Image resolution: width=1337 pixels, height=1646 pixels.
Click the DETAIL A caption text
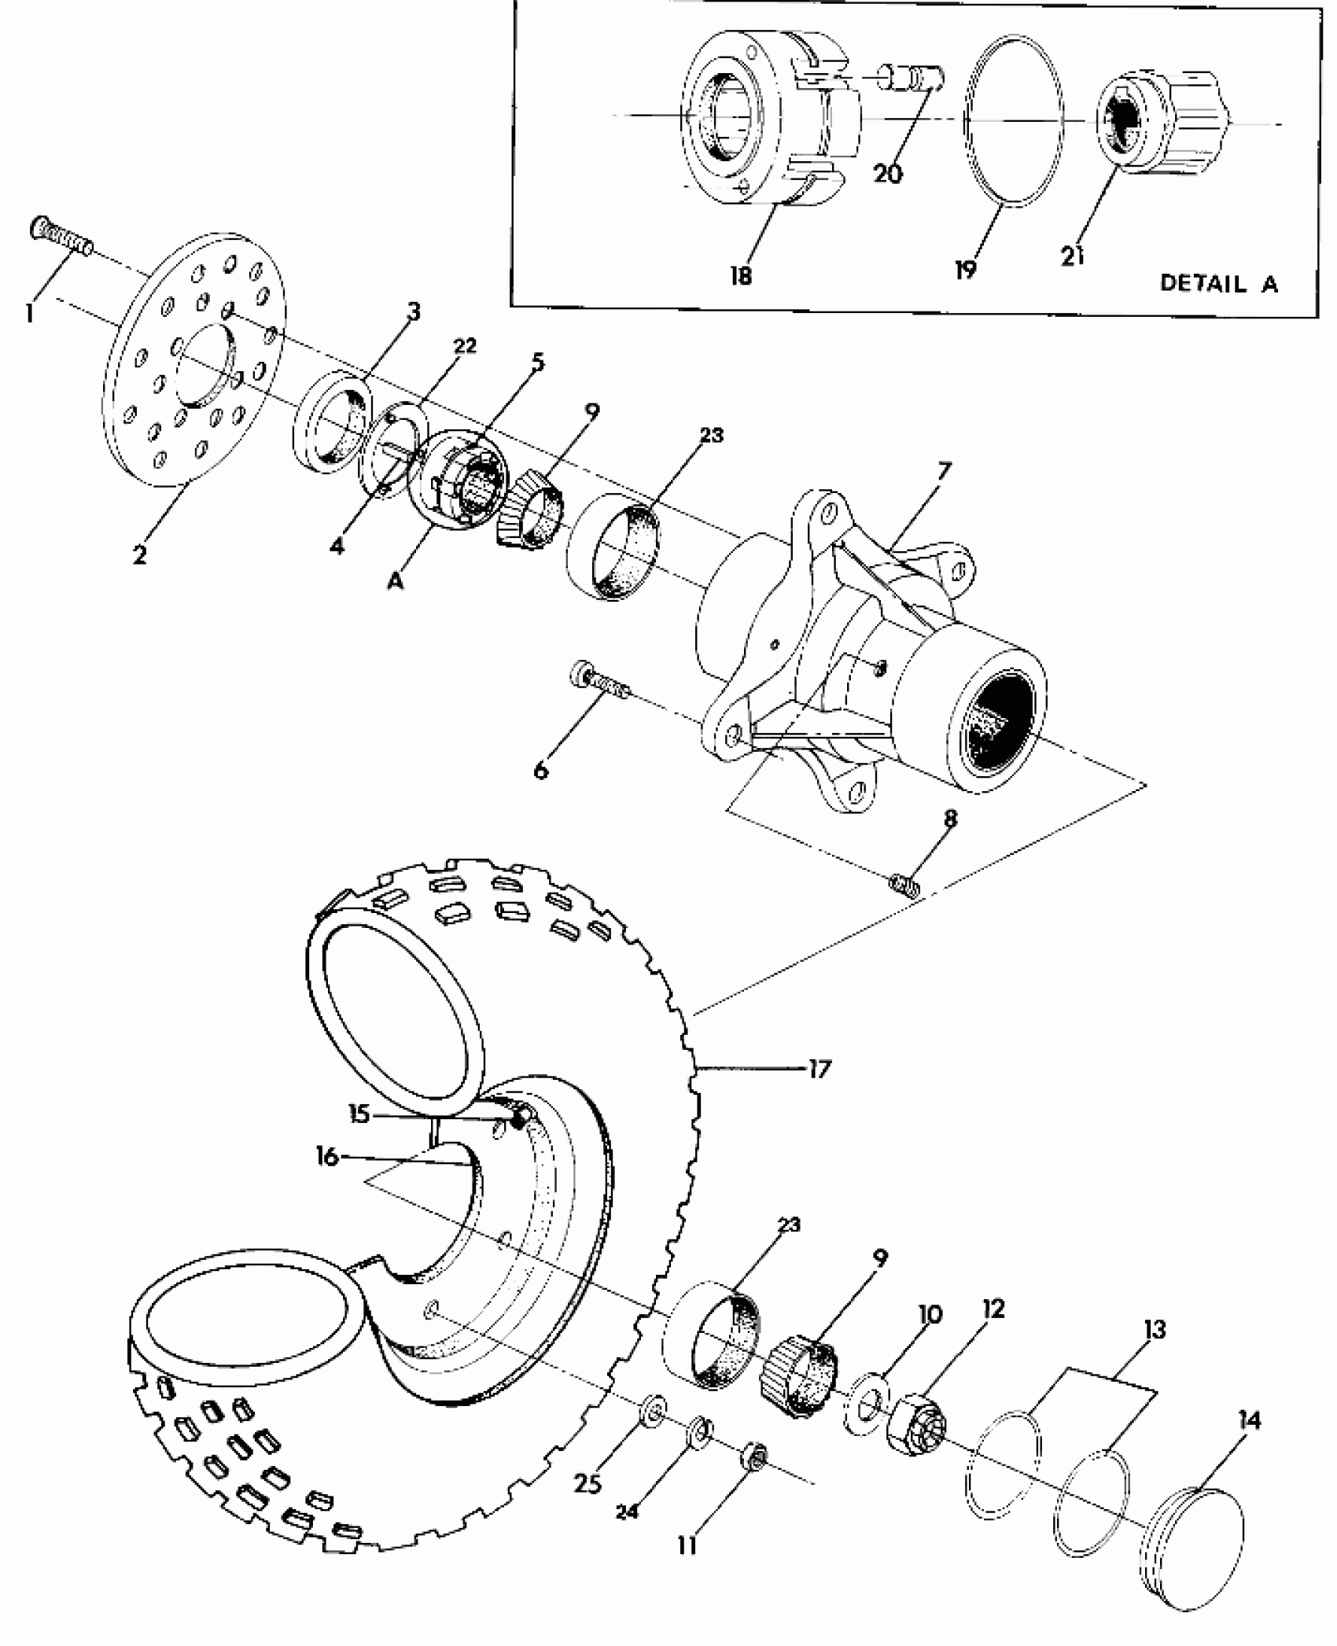click(1218, 284)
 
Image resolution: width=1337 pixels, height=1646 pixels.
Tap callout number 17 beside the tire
click(820, 1069)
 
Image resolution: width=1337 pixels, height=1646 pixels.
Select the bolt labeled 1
click(63, 237)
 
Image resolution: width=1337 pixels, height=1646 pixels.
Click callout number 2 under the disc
click(139, 554)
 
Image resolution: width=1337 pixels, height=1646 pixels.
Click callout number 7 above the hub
click(943, 471)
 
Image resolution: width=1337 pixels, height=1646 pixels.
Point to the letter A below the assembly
click(396, 582)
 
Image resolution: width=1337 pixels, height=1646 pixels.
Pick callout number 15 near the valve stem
click(359, 1114)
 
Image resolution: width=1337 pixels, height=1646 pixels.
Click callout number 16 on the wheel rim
click(327, 1157)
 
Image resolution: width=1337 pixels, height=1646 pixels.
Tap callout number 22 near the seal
click(465, 346)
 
